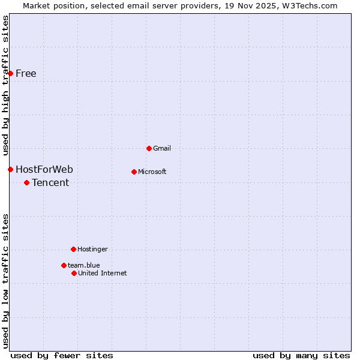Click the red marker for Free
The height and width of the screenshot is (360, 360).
click(x=10, y=73)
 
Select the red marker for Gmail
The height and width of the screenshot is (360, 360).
click(x=149, y=148)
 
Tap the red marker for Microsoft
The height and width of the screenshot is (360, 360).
click(x=134, y=172)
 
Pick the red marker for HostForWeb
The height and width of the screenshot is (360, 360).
click(x=10, y=169)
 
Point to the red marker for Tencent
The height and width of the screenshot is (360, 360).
click(x=26, y=182)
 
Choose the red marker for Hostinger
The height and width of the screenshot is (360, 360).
click(x=73, y=249)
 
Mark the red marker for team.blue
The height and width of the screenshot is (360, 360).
click(x=64, y=265)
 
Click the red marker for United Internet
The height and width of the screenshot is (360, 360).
click(x=74, y=273)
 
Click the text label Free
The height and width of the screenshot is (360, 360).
click(x=26, y=74)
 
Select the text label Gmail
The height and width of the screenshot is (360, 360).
click(x=162, y=148)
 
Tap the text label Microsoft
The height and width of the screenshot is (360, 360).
click(x=152, y=172)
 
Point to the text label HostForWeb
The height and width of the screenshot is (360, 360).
click(x=44, y=169)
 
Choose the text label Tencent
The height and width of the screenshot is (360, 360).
click(x=50, y=182)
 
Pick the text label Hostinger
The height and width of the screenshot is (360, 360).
click(x=92, y=249)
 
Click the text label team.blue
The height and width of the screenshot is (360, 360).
click(x=84, y=265)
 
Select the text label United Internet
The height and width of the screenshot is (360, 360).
click(x=103, y=273)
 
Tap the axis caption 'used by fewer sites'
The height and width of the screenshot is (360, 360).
click(x=62, y=355)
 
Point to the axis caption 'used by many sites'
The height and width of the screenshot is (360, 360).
click(x=301, y=355)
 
